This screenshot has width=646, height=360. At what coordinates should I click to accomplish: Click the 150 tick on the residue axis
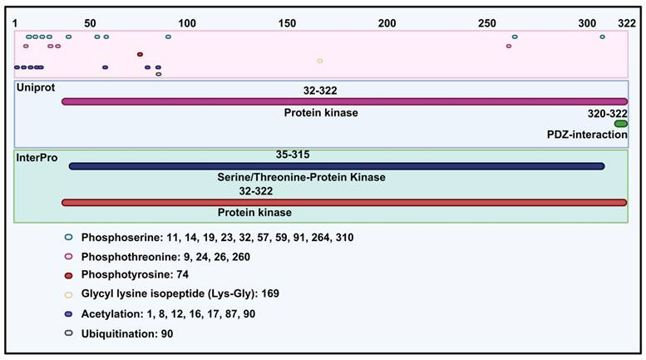287,22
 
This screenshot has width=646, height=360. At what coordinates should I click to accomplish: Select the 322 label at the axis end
628,22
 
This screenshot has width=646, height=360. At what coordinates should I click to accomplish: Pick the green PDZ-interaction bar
621,124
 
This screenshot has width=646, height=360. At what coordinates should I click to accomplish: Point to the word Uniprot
36,86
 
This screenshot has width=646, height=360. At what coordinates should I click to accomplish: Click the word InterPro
37,156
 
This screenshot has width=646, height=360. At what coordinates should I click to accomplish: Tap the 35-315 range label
293,155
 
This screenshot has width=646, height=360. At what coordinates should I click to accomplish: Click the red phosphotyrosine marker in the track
140,55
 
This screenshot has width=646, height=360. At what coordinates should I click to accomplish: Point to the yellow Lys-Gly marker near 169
320,61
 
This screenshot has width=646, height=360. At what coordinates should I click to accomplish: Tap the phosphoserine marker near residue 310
603,37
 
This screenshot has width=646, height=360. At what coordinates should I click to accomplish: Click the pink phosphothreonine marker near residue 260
509,46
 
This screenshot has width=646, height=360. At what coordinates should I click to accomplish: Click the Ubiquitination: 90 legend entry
127,333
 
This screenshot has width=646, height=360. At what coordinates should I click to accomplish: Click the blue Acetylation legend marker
70,315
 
